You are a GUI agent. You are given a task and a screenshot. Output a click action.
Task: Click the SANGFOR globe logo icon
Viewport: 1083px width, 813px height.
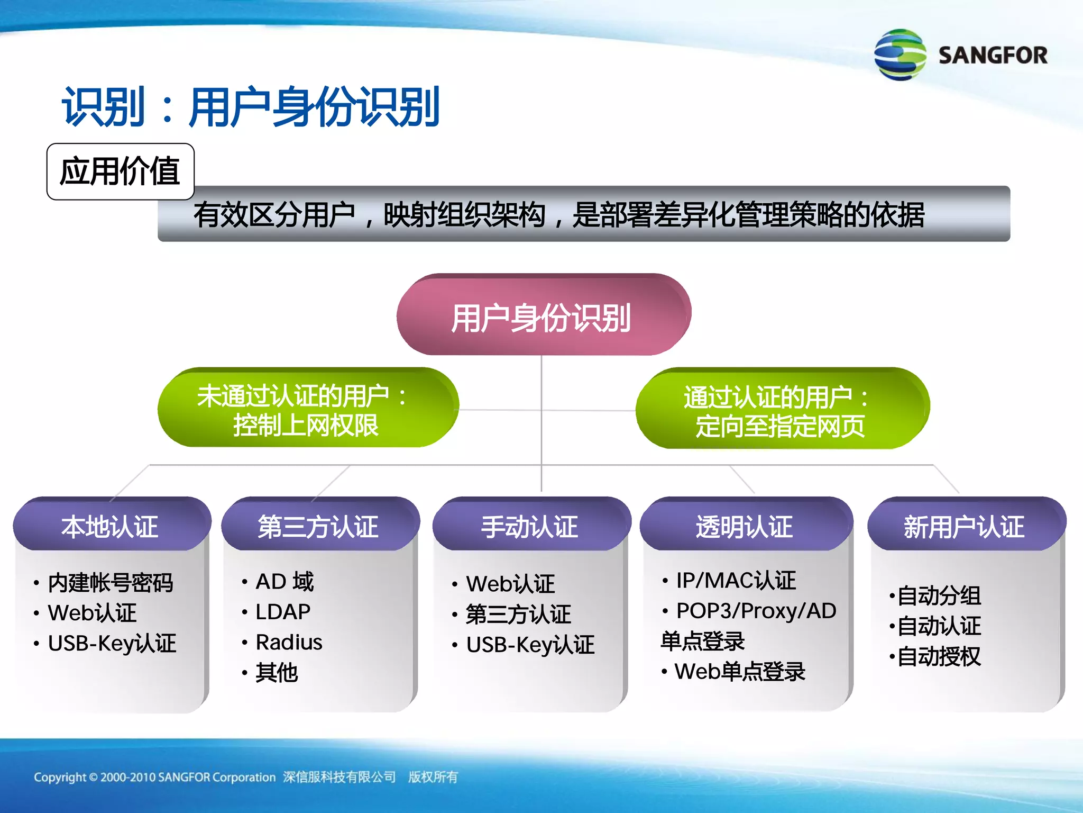[900, 55]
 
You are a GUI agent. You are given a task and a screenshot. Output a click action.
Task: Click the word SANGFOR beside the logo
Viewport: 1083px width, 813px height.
[993, 56]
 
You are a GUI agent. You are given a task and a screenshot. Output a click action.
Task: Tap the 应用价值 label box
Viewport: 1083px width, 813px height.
[121, 171]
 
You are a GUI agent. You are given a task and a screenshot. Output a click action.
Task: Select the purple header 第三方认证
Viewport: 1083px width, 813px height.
[319, 526]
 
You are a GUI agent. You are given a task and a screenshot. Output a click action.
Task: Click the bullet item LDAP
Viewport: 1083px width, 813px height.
[283, 612]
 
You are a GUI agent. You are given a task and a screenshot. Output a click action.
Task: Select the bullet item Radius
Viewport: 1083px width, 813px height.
[289, 642]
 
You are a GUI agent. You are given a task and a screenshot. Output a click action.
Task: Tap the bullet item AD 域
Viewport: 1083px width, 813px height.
[284, 582]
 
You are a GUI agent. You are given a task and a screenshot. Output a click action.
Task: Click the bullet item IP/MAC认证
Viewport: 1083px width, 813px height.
[736, 581]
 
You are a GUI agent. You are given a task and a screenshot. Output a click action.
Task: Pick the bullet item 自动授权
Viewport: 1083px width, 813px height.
[939, 657]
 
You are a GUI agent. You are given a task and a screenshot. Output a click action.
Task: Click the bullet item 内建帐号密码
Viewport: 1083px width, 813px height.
[110, 583]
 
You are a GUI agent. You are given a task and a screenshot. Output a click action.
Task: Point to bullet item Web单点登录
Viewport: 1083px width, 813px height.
[739, 672]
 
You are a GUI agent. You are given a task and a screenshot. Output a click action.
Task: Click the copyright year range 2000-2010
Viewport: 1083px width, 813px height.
[127, 777]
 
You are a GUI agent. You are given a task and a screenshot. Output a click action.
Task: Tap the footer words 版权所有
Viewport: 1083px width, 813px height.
[433, 777]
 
